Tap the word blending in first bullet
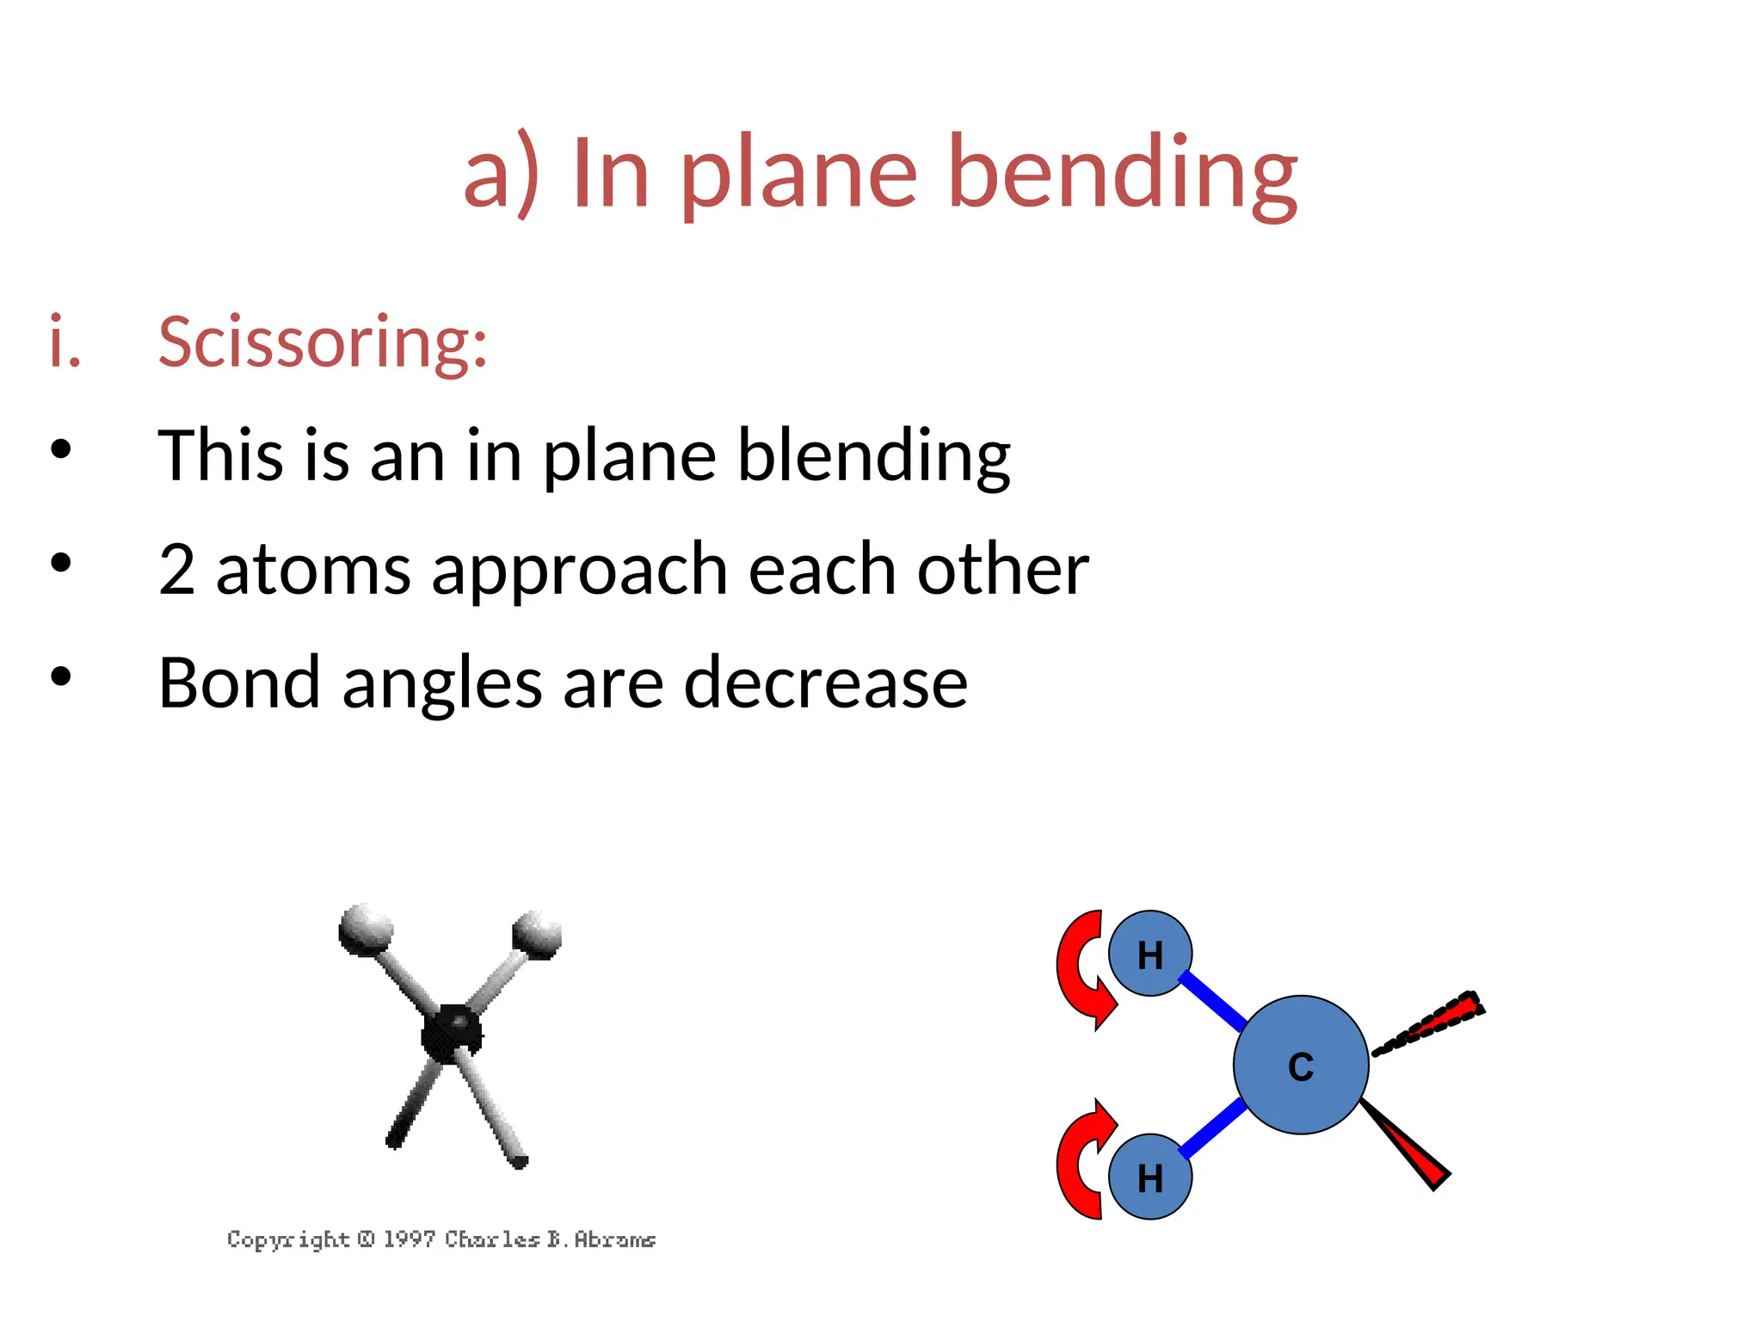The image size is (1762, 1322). click(x=873, y=456)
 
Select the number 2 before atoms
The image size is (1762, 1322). click(x=176, y=570)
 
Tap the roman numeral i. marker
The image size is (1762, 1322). click(x=65, y=343)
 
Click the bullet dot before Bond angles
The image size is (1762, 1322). click(x=60, y=676)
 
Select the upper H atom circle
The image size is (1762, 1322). click(x=1149, y=954)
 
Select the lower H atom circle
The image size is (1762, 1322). click(x=1149, y=1177)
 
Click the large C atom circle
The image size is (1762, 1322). click(x=1300, y=1066)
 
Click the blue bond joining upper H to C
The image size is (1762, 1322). click(x=1213, y=1001)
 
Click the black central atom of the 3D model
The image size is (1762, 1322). click(x=451, y=1030)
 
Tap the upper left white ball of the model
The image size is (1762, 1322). click(x=365, y=929)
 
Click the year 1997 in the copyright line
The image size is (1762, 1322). click(x=409, y=1239)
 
